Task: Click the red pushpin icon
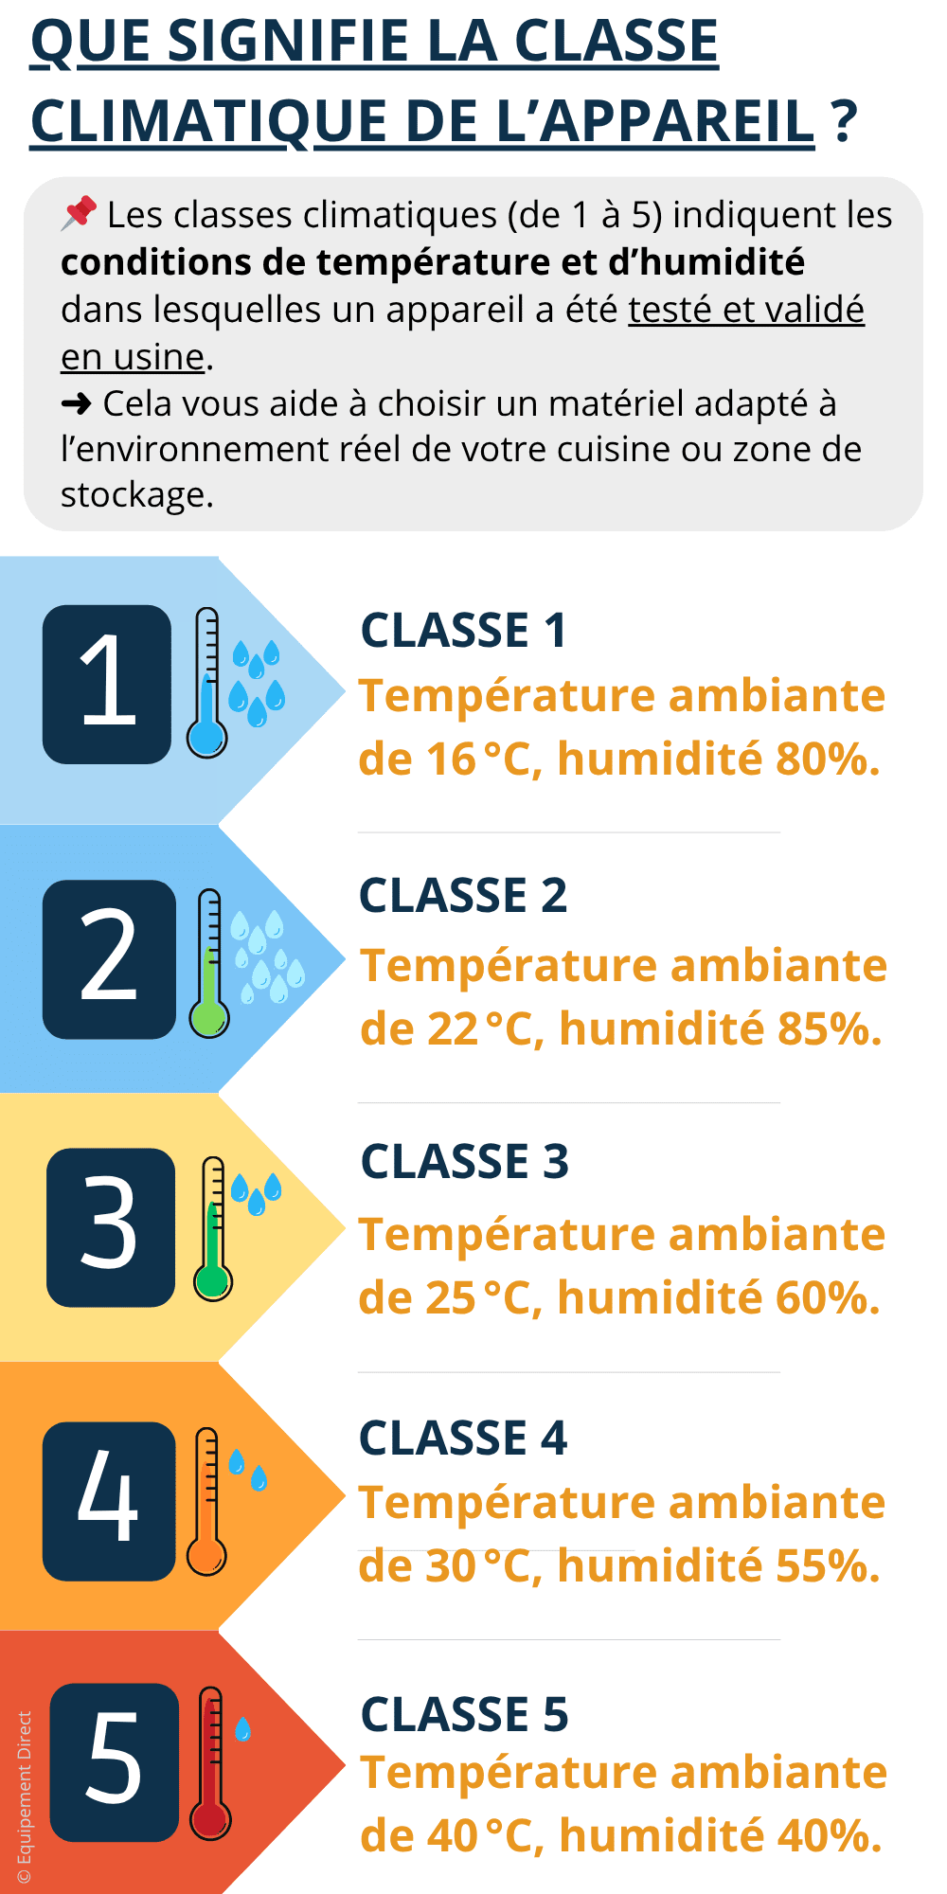pyautogui.click(x=79, y=213)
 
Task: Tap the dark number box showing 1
pyautogui.click(x=107, y=684)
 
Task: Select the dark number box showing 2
pyautogui.click(x=109, y=959)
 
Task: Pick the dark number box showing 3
pyautogui.click(x=111, y=1227)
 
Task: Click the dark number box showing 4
pyautogui.click(x=109, y=1501)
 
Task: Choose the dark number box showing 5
pyautogui.click(x=115, y=1762)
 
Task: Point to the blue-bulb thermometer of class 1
pyautogui.click(x=206, y=682)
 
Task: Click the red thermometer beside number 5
pyautogui.click(x=210, y=1762)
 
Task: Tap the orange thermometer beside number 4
pyautogui.click(x=206, y=1501)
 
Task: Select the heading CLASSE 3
pyautogui.click(x=464, y=1162)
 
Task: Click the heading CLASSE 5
pyautogui.click(x=464, y=1714)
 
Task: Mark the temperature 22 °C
pyautogui.click(x=482, y=1028)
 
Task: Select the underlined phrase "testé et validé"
pyautogui.click(x=746, y=310)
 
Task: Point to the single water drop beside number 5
pyautogui.click(x=243, y=1729)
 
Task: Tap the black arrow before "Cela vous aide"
pyautogui.click(x=76, y=404)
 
